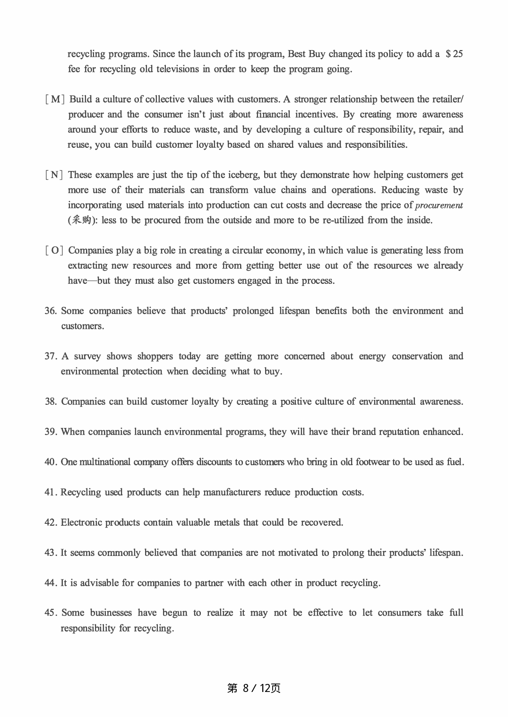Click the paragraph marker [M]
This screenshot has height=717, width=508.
(54, 99)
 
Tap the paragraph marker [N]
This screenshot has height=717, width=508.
(54, 175)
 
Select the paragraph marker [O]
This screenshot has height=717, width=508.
(54, 250)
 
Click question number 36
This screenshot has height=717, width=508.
(51, 311)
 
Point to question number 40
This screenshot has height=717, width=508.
(51, 462)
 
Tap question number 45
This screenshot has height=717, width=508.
(51, 613)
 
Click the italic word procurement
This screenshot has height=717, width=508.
(439, 205)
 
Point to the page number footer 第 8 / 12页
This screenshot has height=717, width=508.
(254, 688)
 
